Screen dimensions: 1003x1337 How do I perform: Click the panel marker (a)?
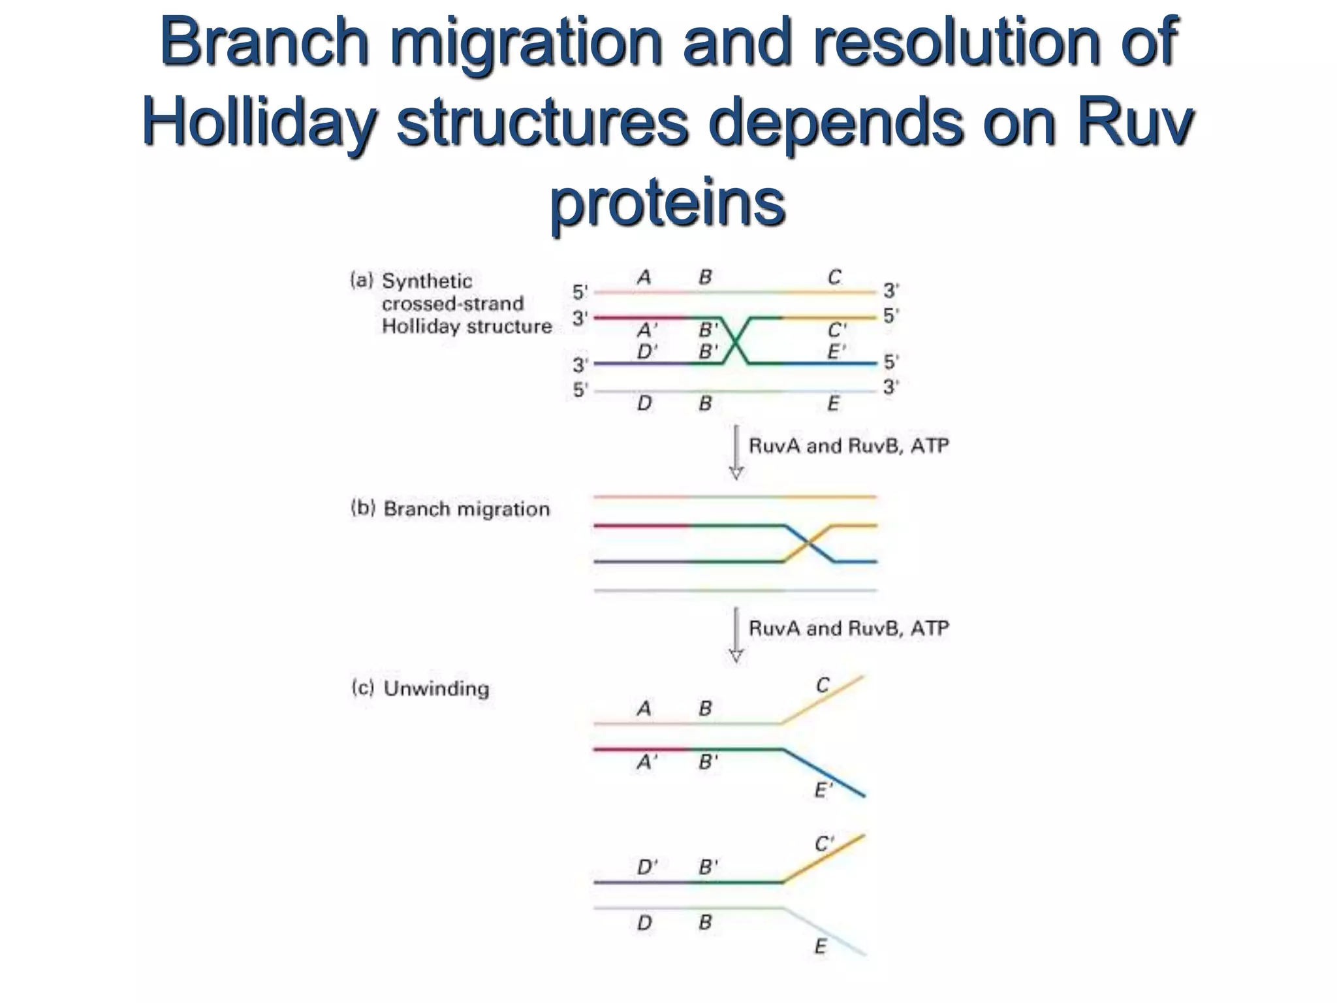pyautogui.click(x=362, y=281)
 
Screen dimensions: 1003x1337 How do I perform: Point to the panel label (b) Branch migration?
pyautogui.click(x=450, y=509)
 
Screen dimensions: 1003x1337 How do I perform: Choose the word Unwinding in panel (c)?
pyautogui.click(x=436, y=688)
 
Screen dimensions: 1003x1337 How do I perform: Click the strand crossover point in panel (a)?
pyautogui.click(x=736, y=341)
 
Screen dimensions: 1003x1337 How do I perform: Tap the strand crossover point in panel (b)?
pyautogui.click(x=808, y=543)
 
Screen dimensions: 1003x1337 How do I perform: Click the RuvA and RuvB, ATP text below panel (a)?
pyautogui.click(x=849, y=446)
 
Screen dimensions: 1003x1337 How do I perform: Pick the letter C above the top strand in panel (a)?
pyautogui.click(x=834, y=278)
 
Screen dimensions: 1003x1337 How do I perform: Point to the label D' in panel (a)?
pyautogui.click(x=646, y=353)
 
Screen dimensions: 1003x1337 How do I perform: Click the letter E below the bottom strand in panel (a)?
pyautogui.click(x=833, y=404)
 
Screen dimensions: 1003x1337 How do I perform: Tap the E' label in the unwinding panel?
pyautogui.click(x=823, y=791)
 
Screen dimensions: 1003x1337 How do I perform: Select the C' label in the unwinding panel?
pyautogui.click(x=824, y=844)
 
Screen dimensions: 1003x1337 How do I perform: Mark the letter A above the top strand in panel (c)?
pyautogui.click(x=644, y=708)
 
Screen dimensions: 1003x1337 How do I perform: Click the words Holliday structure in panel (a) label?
pyautogui.click(x=466, y=326)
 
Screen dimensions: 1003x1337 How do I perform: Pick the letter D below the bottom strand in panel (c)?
pyautogui.click(x=644, y=923)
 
